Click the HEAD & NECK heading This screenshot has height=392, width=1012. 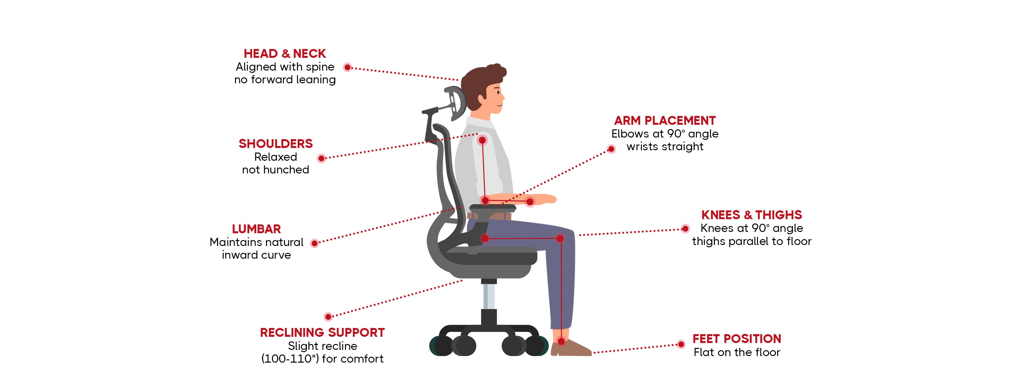(x=285, y=54)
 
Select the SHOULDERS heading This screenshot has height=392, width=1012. (x=276, y=143)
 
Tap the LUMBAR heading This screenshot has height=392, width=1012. (x=257, y=229)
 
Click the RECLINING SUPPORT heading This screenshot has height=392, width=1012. (x=323, y=333)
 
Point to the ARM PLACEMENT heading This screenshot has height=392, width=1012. (x=665, y=120)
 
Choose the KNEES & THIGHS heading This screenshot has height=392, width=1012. (x=751, y=215)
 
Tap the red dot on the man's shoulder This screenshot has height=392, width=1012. (x=482, y=140)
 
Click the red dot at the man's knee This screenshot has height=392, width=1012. (x=560, y=238)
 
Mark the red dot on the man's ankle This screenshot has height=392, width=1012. (x=561, y=341)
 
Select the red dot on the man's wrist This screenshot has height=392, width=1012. (x=530, y=202)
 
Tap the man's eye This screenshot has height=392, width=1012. (x=498, y=92)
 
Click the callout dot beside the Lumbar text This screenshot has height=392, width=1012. (x=314, y=243)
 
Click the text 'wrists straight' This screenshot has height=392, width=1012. (x=665, y=147)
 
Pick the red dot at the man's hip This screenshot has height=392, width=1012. (x=485, y=238)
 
